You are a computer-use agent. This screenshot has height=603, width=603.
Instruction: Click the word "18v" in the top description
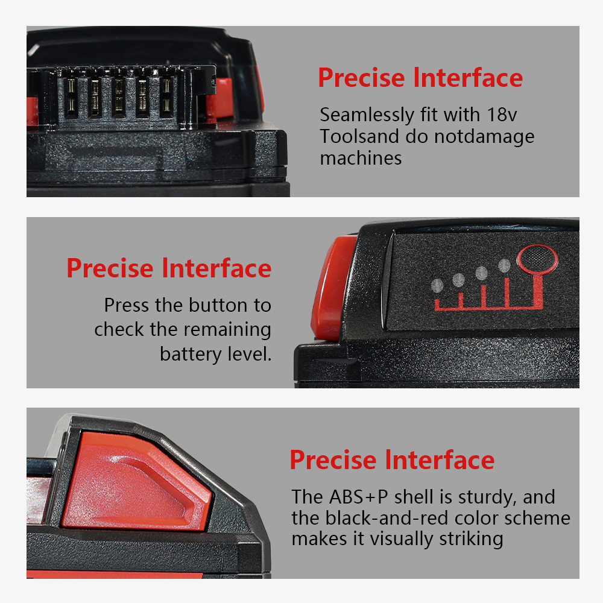tap(502, 115)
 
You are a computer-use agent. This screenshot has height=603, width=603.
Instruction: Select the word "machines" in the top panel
tap(361, 158)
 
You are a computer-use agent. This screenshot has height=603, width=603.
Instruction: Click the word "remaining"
tap(227, 330)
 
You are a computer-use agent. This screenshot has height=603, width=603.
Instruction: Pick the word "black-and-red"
tap(387, 518)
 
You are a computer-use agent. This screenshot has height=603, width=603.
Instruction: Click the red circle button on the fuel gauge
tap(537, 259)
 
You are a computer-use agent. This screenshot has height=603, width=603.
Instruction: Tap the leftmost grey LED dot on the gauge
tap(437, 286)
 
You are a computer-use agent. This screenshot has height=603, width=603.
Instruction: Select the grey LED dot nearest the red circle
tap(504, 265)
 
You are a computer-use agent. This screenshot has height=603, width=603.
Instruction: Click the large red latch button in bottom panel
tap(136, 481)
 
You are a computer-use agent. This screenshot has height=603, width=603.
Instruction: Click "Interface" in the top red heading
tap(468, 78)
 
